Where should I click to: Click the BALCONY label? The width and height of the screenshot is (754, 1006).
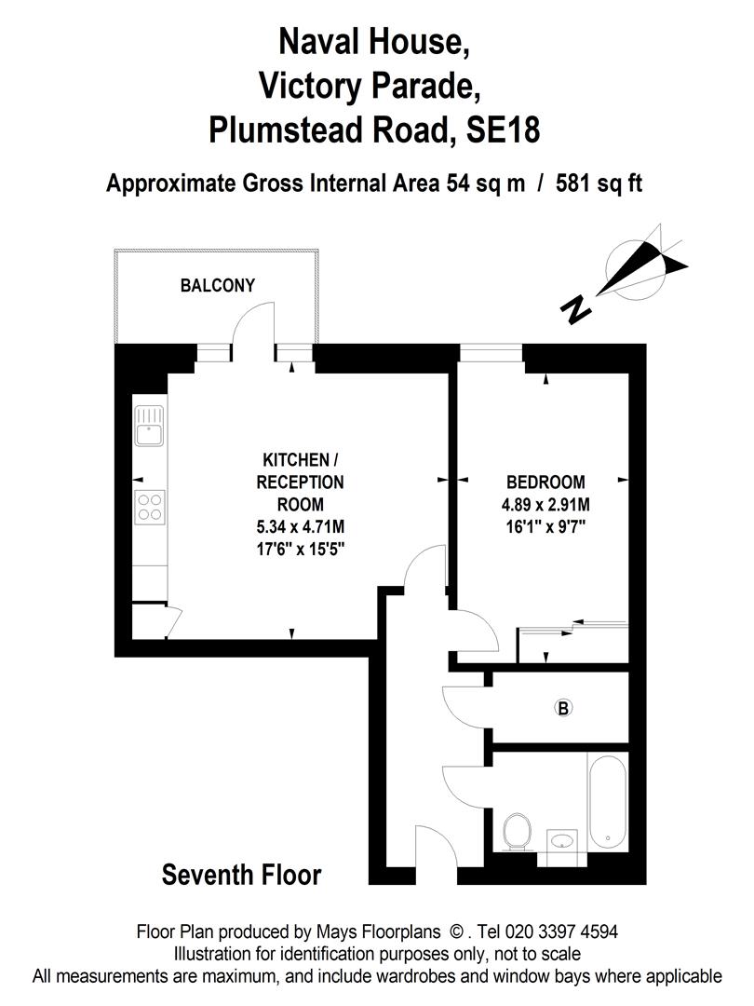(x=217, y=286)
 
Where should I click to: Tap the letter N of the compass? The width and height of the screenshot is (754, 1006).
(x=577, y=308)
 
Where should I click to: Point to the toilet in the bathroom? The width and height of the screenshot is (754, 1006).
(x=517, y=830)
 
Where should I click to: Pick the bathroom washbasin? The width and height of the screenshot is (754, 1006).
(x=562, y=842)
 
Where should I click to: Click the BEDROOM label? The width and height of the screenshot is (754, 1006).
(x=545, y=483)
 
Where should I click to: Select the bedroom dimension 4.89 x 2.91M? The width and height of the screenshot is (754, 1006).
(x=545, y=506)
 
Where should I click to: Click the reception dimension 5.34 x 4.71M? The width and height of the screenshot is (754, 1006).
(x=294, y=526)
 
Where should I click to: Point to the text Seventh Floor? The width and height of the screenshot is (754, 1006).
(x=241, y=876)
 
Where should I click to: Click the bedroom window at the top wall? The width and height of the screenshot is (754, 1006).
(x=491, y=351)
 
